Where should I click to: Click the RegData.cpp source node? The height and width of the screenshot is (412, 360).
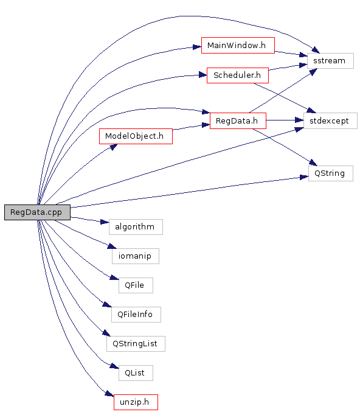point(37,212)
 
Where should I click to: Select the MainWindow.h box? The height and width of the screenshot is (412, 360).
point(238,45)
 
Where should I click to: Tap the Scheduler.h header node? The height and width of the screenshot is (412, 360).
point(238,75)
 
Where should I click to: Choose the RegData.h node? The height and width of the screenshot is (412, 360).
point(238,121)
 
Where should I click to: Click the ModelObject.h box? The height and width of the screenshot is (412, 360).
point(136,136)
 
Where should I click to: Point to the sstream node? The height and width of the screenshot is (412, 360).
point(330,61)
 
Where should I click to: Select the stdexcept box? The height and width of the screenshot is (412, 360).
point(330,121)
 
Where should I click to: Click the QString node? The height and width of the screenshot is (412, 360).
point(331,173)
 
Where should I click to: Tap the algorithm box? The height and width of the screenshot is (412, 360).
point(136,227)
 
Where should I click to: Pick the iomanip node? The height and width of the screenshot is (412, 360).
point(136,256)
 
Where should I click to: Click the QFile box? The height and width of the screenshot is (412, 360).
point(136,285)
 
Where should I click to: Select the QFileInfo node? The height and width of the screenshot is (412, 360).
point(136,315)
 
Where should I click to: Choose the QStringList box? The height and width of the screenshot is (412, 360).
point(136,344)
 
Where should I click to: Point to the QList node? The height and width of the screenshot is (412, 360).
point(136,373)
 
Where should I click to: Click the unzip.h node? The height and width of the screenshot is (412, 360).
point(136,402)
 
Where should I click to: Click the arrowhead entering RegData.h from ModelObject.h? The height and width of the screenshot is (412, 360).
point(206,125)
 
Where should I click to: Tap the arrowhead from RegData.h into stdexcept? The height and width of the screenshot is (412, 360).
point(299,120)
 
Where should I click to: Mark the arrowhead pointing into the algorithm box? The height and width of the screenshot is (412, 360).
point(105,222)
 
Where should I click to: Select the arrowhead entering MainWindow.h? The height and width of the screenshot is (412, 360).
point(197,47)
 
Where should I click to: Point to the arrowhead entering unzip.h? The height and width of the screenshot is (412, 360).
point(109,394)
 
